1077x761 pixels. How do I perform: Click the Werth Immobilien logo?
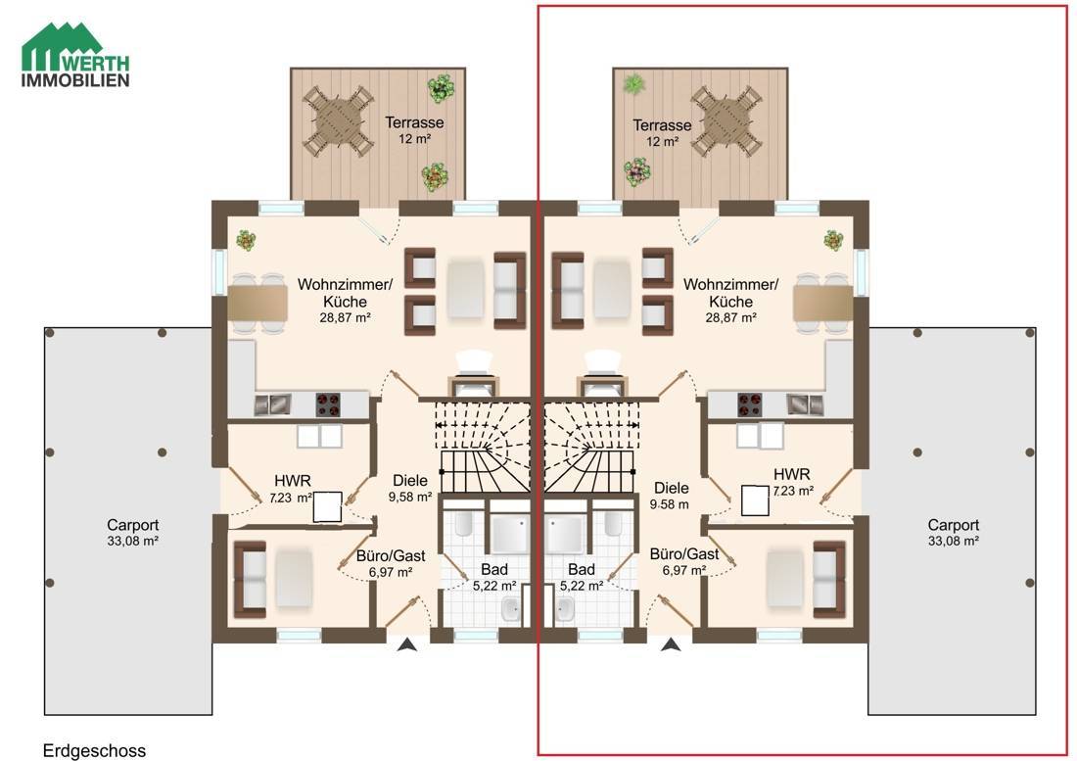(x=75, y=55)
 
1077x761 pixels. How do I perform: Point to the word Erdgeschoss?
(x=94, y=750)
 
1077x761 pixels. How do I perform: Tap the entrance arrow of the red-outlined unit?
(x=671, y=644)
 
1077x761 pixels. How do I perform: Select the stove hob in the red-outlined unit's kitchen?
(x=749, y=404)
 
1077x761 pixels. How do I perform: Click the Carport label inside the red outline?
(x=954, y=525)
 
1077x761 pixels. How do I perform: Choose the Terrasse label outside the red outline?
(x=414, y=122)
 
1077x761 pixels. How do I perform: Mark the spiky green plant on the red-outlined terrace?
(x=632, y=84)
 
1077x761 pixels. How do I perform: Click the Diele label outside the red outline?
(x=410, y=480)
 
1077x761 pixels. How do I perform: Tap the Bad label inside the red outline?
(x=581, y=569)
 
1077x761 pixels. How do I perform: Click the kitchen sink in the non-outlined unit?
(x=319, y=436)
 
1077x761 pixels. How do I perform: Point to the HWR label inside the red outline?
(x=791, y=474)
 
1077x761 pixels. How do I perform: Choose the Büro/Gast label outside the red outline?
(x=391, y=555)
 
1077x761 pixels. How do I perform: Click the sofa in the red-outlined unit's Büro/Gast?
(x=829, y=579)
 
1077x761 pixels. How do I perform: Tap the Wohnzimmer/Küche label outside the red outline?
(x=345, y=293)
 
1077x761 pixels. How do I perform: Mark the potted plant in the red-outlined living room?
(x=834, y=240)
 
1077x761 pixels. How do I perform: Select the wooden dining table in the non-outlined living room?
(x=258, y=305)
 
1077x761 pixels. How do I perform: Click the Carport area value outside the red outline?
(x=132, y=541)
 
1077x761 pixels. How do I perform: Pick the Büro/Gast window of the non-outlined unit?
(x=300, y=636)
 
